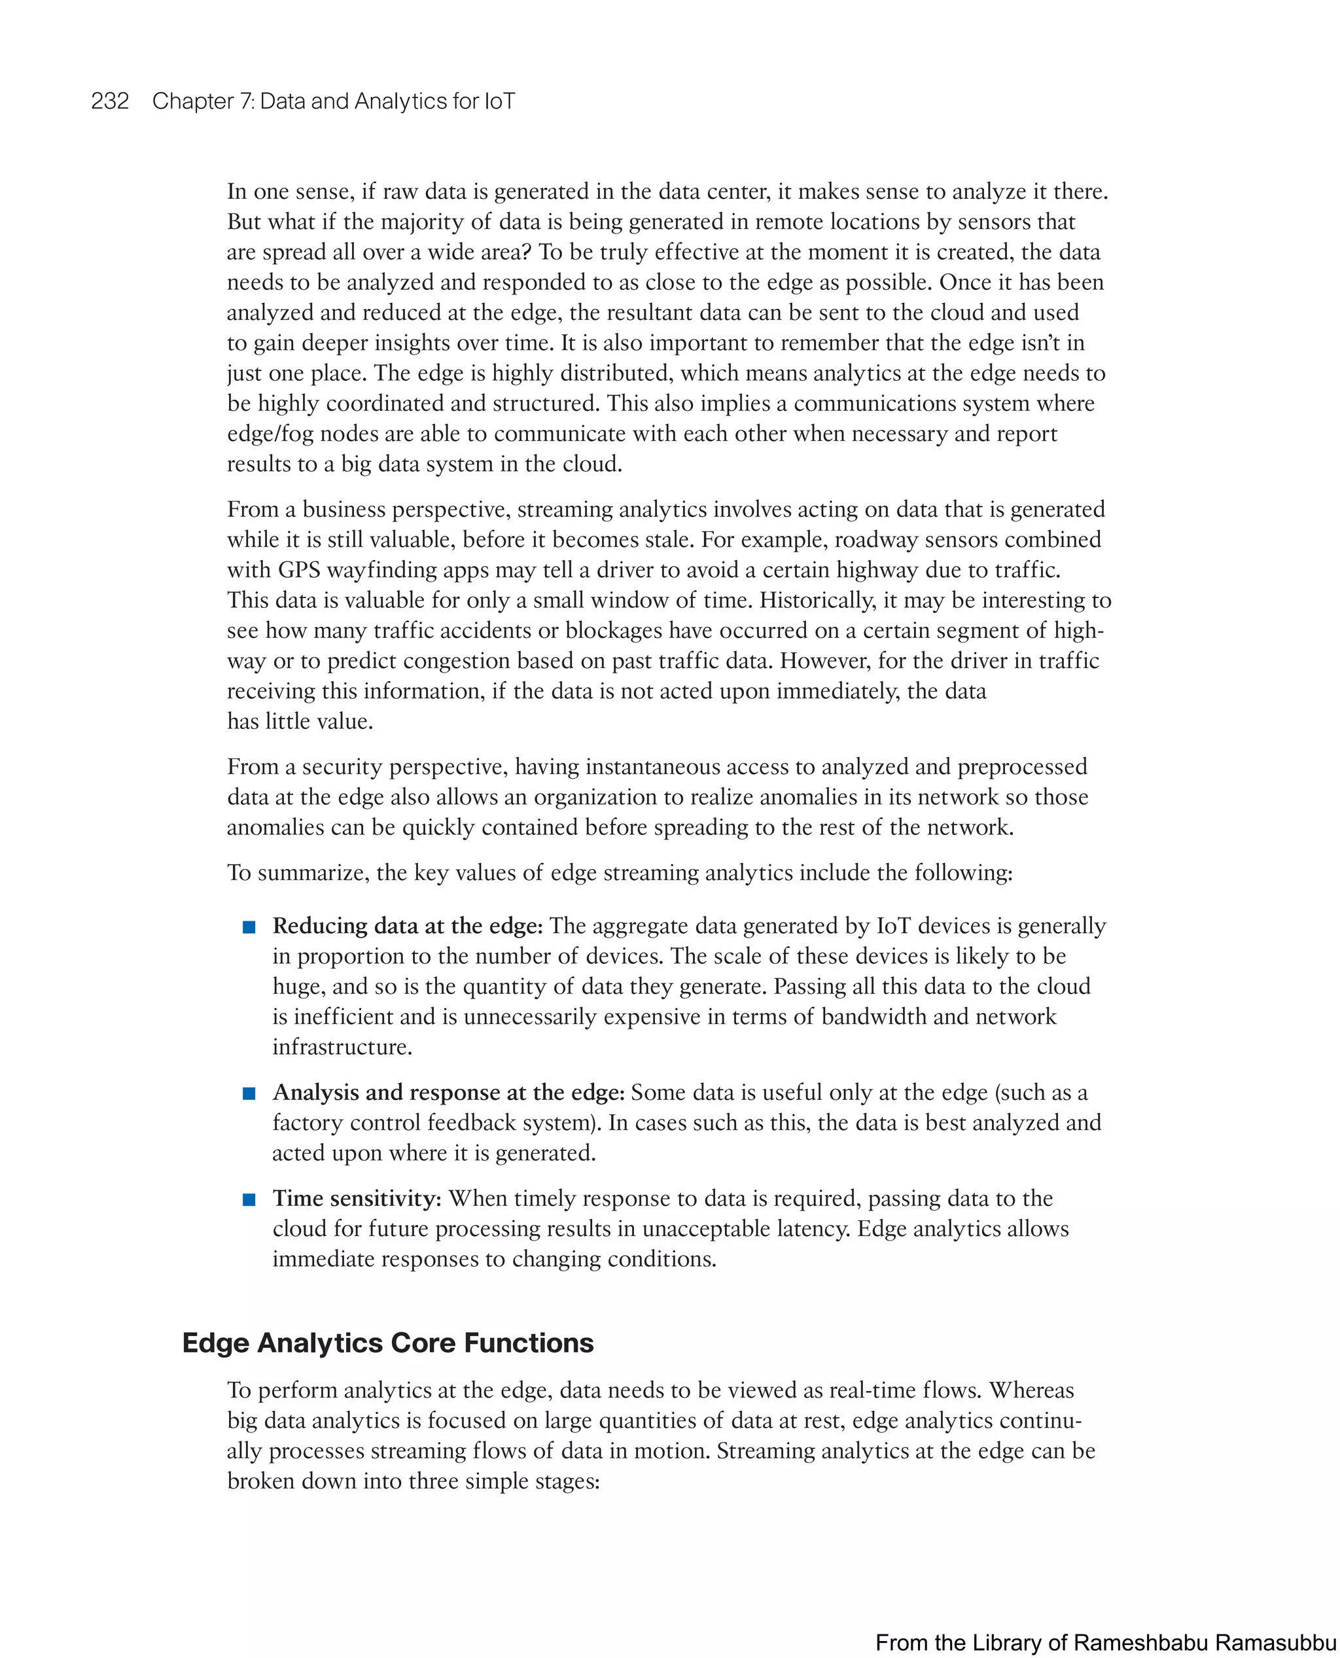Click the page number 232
pyautogui.click(x=110, y=101)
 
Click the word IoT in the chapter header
pyautogui.click(x=499, y=101)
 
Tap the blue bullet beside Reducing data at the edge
pyautogui.click(x=249, y=927)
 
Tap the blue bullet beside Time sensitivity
pyautogui.click(x=249, y=1199)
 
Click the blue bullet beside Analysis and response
pyautogui.click(x=249, y=1094)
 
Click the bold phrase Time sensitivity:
pyautogui.click(x=357, y=1199)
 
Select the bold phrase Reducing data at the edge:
pyautogui.click(x=408, y=926)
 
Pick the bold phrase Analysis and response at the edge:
pyautogui.click(x=448, y=1093)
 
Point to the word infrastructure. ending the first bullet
pyautogui.click(x=342, y=1048)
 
